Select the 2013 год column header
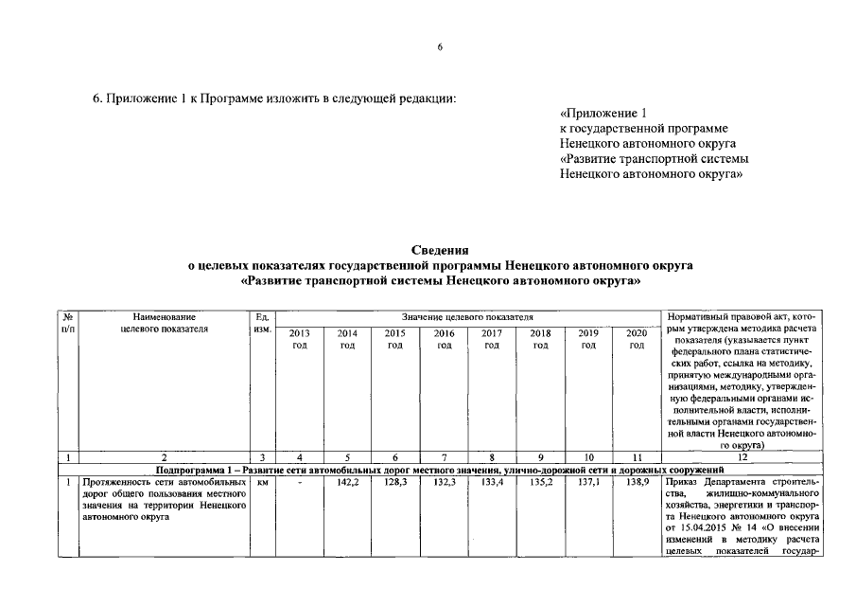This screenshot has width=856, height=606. [299, 339]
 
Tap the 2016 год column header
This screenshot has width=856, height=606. [444, 339]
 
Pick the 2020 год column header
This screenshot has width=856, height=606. [637, 339]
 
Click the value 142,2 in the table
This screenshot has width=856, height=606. [347, 482]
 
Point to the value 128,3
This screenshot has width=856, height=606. [395, 482]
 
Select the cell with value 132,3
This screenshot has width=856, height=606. [444, 482]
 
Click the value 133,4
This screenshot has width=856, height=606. [492, 482]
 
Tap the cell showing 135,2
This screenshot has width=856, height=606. [540, 482]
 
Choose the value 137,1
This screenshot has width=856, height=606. [588, 482]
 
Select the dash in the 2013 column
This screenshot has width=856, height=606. [299, 482]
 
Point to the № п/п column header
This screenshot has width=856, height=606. [68, 322]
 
